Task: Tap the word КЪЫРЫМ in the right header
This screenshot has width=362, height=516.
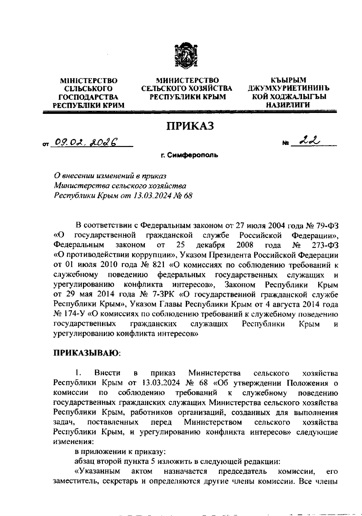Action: pos(288,80)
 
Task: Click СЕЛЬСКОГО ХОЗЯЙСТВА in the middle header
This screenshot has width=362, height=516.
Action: pos(187,89)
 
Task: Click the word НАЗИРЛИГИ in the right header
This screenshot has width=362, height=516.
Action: pos(288,105)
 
